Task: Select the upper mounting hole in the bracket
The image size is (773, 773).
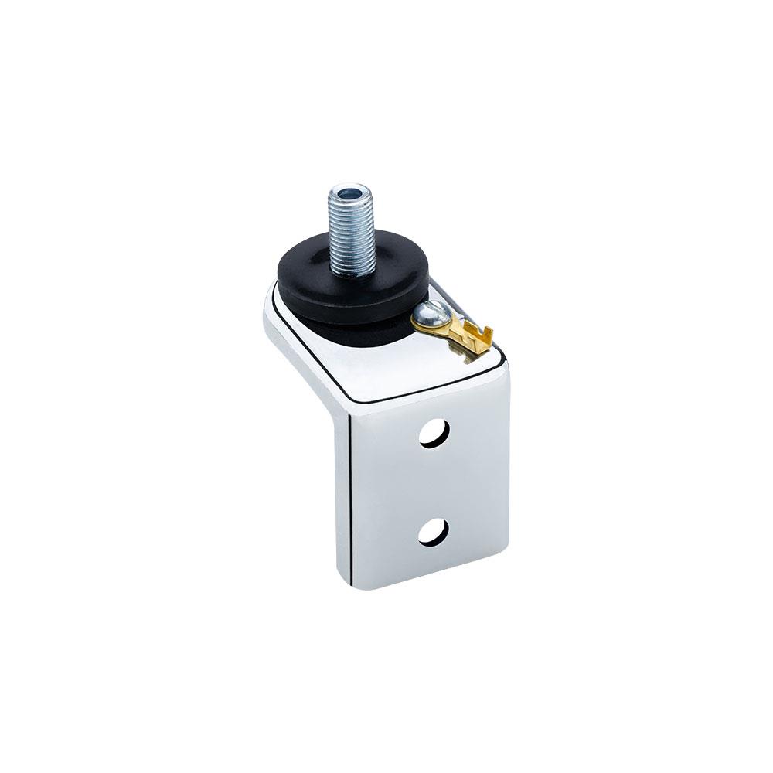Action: click(x=434, y=434)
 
